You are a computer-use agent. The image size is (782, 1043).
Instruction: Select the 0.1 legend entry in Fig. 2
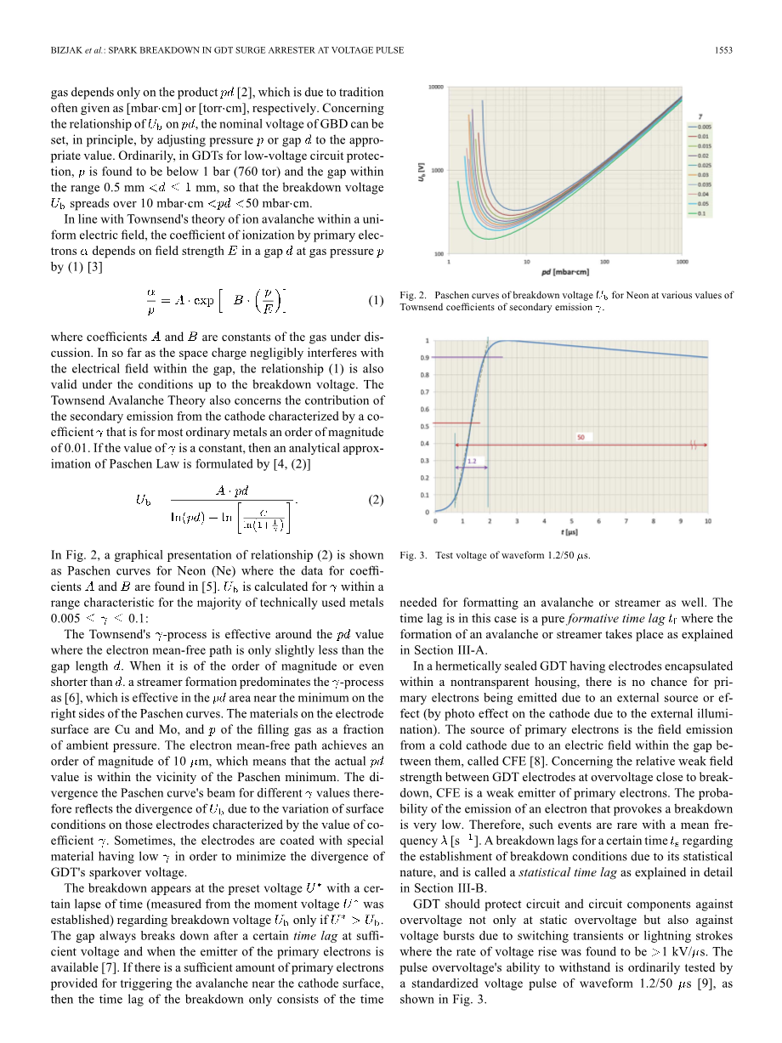(x=700, y=214)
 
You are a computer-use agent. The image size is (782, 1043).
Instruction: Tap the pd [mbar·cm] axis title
(x=564, y=273)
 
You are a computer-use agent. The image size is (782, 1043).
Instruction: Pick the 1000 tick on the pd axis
(x=682, y=263)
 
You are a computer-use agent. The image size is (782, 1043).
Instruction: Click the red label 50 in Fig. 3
(x=581, y=437)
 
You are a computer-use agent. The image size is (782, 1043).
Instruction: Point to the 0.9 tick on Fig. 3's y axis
(x=425, y=357)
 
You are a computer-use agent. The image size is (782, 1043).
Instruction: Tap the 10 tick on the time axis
(x=708, y=521)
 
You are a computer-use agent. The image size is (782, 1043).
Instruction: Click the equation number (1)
(x=376, y=300)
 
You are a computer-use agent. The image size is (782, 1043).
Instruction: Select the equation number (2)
(x=376, y=501)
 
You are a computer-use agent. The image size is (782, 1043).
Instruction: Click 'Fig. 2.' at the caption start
(x=411, y=296)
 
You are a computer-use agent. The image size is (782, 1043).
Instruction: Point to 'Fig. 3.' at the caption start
(x=411, y=556)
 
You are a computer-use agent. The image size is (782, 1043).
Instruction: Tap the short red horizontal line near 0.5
(x=457, y=422)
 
